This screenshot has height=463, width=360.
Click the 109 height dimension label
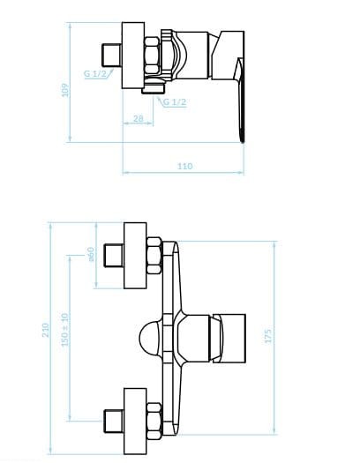click(x=65, y=90)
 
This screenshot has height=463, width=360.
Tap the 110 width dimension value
click(x=185, y=167)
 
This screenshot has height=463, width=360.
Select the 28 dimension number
click(x=139, y=118)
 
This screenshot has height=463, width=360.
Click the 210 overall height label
click(x=45, y=330)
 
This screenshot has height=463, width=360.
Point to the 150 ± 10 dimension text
click(x=64, y=330)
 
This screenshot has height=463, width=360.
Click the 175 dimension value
click(x=268, y=336)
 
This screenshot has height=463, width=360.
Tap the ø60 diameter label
click(x=91, y=255)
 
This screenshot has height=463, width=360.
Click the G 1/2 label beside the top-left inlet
click(x=95, y=73)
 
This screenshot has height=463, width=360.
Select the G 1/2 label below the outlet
click(x=175, y=102)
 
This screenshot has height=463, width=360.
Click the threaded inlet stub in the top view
click(x=112, y=56)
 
